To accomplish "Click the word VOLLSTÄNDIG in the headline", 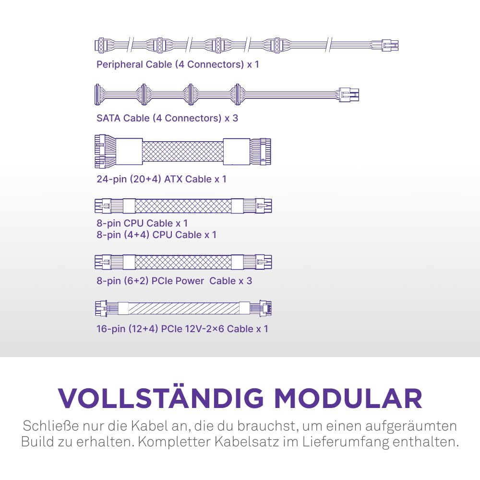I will pos(161,398).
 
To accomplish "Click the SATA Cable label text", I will pos(167,118).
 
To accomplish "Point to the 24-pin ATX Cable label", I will pos(161,179).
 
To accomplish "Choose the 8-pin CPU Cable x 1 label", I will pos(142,223).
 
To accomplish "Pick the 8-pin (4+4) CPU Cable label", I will pos(156,235).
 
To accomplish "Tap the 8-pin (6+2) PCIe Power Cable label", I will pos(174,281).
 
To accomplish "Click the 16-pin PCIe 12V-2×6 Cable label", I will pos(182,329).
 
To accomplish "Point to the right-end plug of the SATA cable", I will pos(349,95).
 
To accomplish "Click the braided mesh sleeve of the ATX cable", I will pos(183,151).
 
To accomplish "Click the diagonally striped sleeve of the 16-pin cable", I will pos(184,308).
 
